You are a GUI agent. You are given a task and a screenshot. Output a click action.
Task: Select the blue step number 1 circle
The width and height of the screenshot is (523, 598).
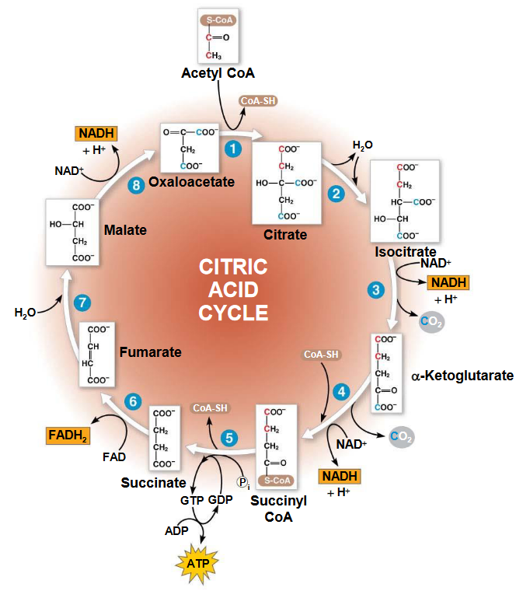(x=230, y=147)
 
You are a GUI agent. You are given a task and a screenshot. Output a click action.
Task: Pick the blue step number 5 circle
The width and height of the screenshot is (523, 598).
(x=228, y=438)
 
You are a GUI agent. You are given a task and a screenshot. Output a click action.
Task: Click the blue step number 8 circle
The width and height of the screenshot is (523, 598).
(x=137, y=185)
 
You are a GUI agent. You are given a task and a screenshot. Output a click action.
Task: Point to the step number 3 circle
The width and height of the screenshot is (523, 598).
(x=376, y=290)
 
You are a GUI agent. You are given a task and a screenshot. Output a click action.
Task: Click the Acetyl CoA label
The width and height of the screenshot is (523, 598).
(x=218, y=73)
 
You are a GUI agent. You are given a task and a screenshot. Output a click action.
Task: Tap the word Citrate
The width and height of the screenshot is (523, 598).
(x=285, y=234)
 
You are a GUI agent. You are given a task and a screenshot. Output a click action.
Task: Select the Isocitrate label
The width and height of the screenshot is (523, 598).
(x=405, y=252)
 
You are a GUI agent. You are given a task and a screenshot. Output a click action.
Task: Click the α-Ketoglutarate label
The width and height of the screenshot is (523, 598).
(x=462, y=376)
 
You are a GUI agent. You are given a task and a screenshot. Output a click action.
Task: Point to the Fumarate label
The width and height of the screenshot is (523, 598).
(x=151, y=352)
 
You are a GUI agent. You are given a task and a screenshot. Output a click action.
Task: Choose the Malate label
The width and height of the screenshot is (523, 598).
(x=125, y=230)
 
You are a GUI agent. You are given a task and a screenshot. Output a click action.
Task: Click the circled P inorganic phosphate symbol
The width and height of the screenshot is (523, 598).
(x=244, y=482)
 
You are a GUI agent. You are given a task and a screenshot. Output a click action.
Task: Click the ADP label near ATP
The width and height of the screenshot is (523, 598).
(x=176, y=531)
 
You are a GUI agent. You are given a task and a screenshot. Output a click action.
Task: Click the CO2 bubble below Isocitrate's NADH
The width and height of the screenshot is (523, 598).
(x=431, y=322)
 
